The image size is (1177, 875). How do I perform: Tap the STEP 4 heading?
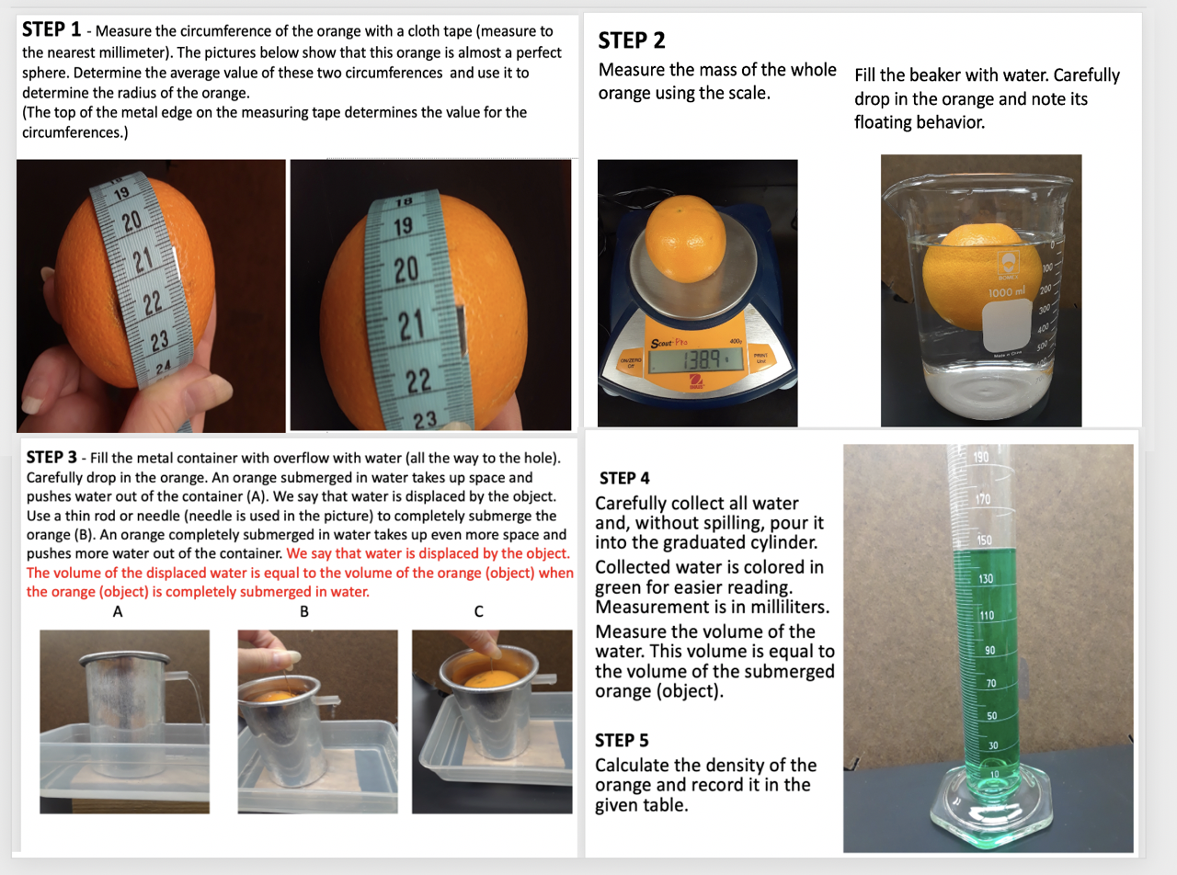coord(624,478)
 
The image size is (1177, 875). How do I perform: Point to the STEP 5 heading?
coord(624,740)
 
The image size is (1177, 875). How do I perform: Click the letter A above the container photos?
coord(117,611)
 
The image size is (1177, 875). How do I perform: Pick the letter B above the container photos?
coord(304,611)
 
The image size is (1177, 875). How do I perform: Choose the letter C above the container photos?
coord(479,611)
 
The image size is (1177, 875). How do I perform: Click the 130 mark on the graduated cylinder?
coord(986,579)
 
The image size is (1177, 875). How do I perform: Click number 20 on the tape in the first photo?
coord(131,221)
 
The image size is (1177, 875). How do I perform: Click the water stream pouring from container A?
coord(201,699)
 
